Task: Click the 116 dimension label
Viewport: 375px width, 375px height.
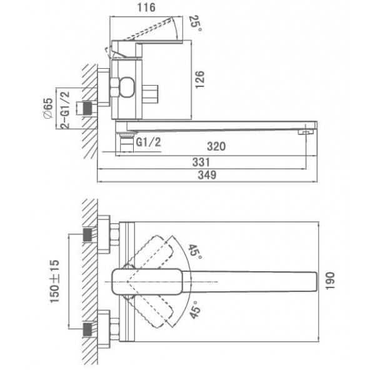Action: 146,7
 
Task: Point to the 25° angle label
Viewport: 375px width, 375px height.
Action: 196,23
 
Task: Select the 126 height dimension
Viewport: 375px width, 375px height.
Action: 200,79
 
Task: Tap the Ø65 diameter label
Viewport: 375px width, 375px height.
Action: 48,108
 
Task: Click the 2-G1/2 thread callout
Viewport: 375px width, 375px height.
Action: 65,110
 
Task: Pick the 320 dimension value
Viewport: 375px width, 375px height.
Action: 216,146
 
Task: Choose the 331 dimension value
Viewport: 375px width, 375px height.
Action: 201,162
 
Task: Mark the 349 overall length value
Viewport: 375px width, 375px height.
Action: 207,175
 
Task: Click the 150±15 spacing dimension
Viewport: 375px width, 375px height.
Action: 54,281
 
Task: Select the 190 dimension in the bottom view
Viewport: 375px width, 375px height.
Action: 330,281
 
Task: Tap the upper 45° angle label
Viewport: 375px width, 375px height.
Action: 196,252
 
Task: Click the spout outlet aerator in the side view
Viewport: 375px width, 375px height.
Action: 306,132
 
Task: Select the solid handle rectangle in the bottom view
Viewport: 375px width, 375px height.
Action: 147,282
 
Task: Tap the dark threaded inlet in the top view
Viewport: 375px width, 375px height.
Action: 87,108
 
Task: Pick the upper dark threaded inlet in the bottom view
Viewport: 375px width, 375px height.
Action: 87,234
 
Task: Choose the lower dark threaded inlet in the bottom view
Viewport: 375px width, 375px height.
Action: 87,329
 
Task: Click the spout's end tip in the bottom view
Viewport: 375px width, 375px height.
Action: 317,282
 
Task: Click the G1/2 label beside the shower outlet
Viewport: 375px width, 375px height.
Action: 149,142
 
